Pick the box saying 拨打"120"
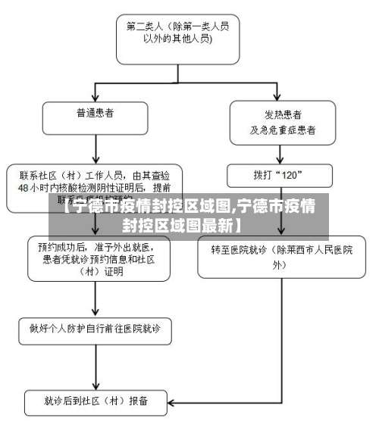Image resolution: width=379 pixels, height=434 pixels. [x=279, y=174]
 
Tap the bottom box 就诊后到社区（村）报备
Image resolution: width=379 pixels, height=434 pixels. [x=96, y=401]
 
